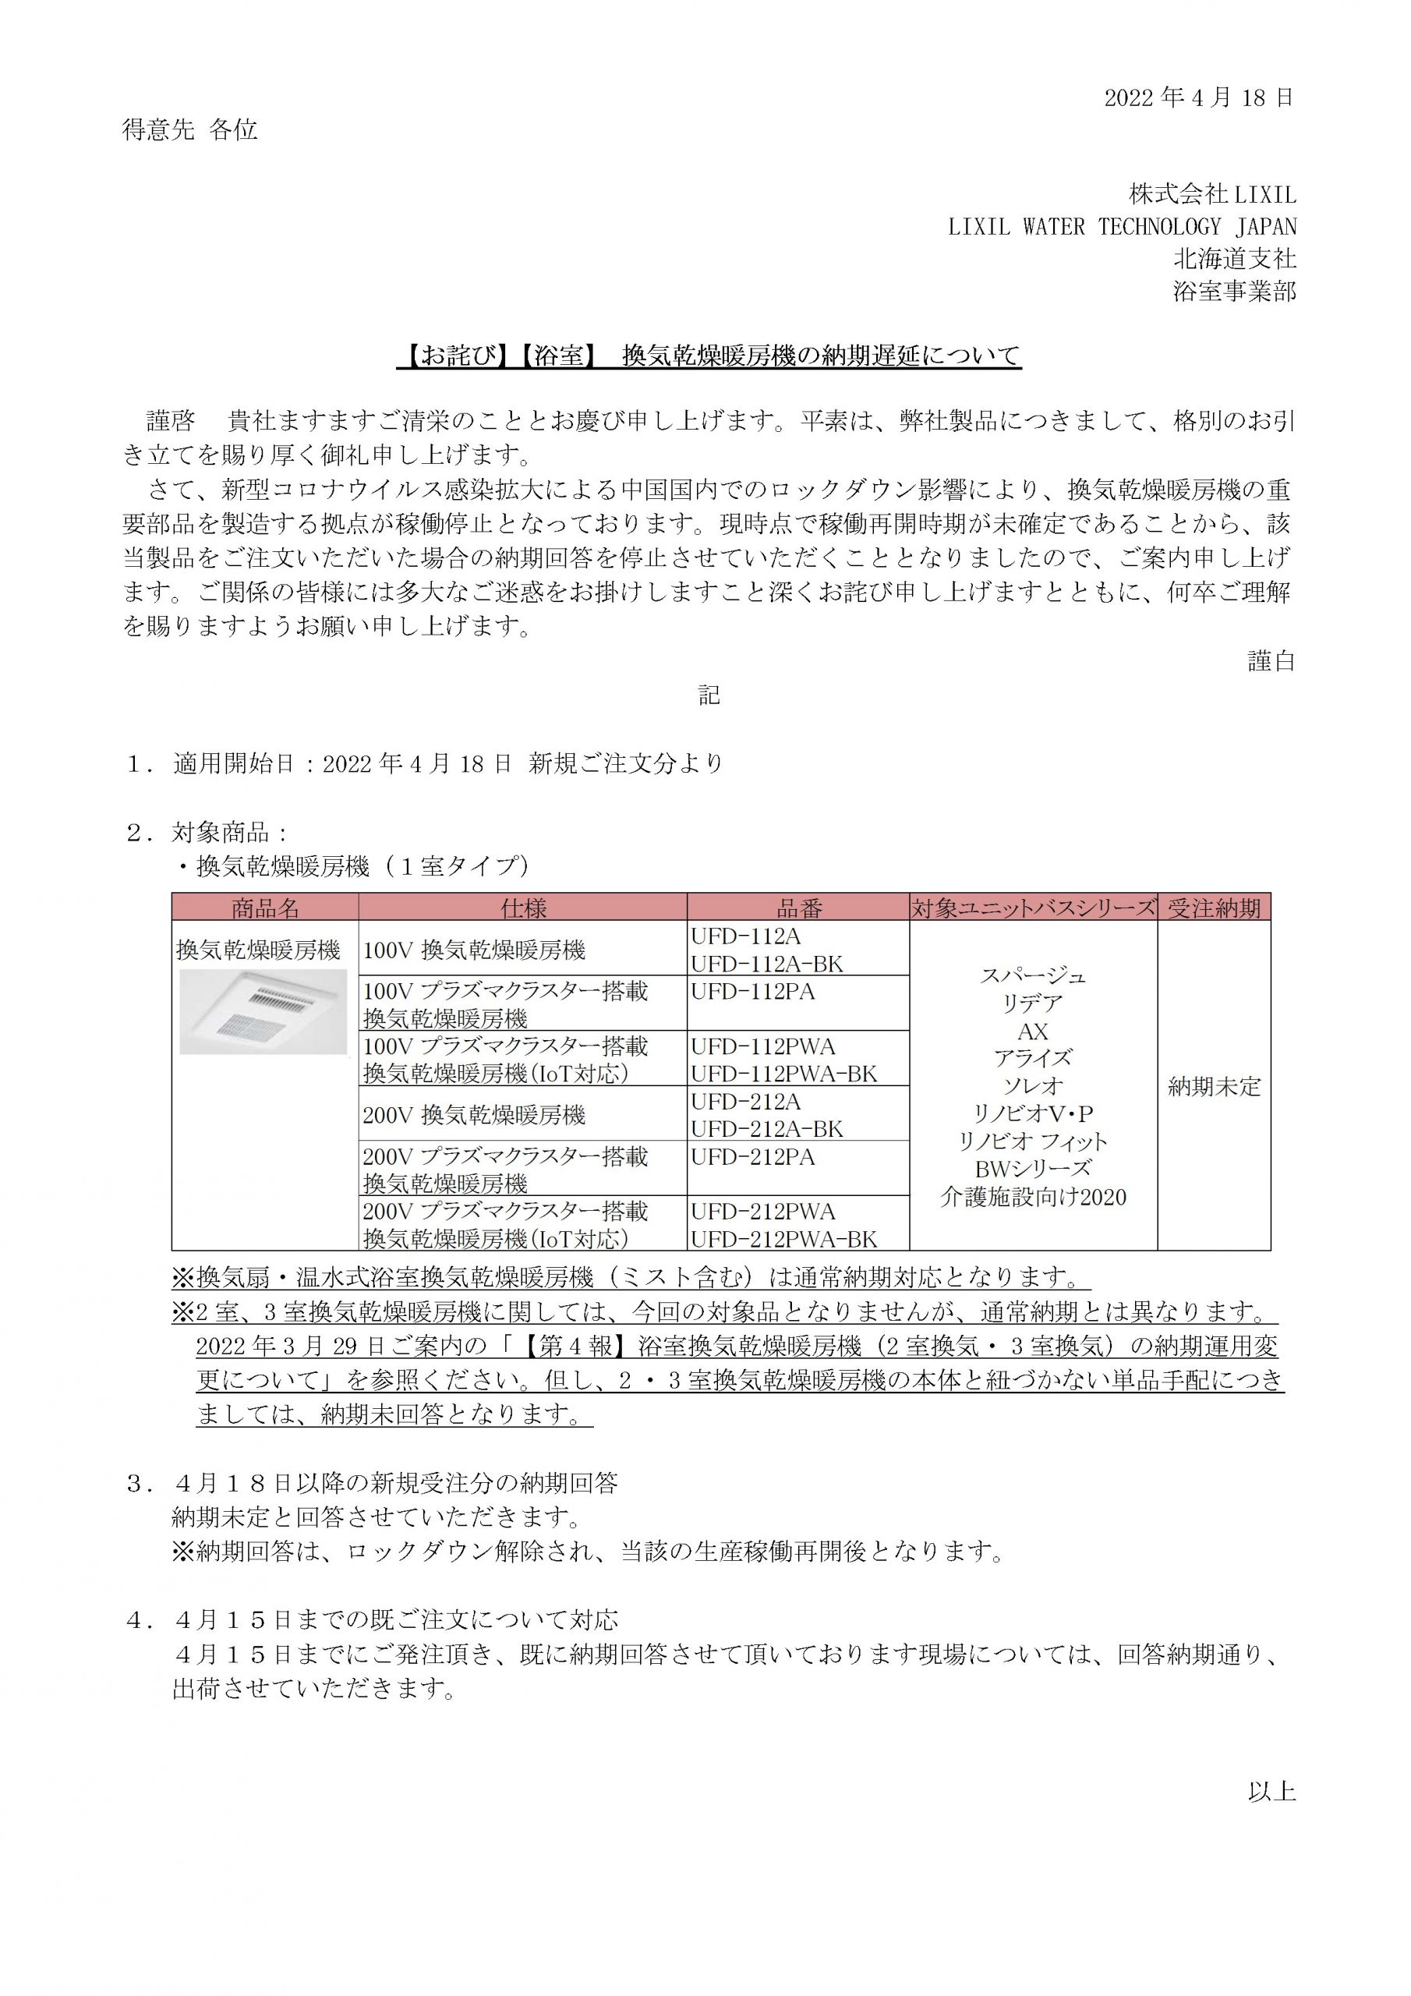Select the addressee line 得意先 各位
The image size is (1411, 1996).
point(189,130)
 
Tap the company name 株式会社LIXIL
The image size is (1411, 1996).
point(1212,193)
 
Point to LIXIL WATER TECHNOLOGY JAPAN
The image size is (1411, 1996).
point(1122,226)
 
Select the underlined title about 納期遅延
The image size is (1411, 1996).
point(709,356)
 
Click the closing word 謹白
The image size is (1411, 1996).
point(1271,660)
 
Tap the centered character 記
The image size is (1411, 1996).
point(709,695)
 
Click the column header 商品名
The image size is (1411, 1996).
point(265,908)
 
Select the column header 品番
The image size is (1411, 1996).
point(798,908)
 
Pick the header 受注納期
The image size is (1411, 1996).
point(1214,908)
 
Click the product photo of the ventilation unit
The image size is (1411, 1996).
point(263,1011)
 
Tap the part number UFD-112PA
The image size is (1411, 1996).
point(753,991)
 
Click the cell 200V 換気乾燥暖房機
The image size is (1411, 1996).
point(474,1114)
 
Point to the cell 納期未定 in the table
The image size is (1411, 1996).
point(1214,1087)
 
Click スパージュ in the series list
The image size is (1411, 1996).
point(1033,975)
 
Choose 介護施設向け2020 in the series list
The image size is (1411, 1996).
point(1033,1197)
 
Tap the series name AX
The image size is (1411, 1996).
point(1033,1032)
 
